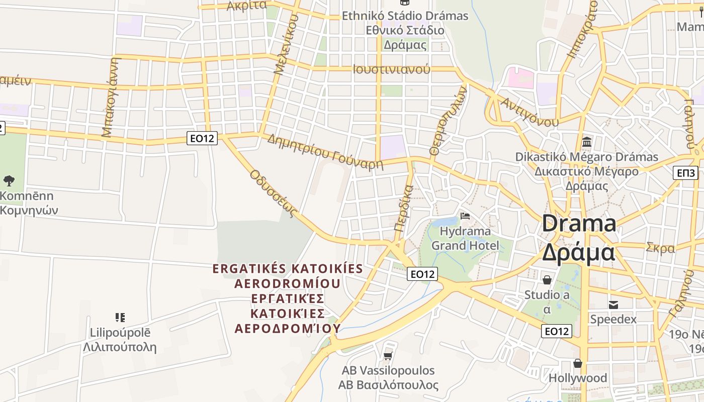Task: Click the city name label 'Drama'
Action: [579, 223]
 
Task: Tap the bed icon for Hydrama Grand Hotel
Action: [465, 216]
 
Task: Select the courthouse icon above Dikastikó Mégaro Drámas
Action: [586, 142]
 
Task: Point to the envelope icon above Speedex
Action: [613, 305]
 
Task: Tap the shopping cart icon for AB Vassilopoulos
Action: [388, 356]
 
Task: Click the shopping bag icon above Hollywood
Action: [578, 363]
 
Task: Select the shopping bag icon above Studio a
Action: [547, 279]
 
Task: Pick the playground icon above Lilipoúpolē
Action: [120, 317]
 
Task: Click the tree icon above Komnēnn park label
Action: [9, 180]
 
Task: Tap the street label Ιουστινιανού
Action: [392, 69]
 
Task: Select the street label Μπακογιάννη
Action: [111, 97]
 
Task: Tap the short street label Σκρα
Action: [660, 248]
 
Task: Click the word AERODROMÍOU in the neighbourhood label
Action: [288, 283]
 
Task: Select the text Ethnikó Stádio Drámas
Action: [405, 16]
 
